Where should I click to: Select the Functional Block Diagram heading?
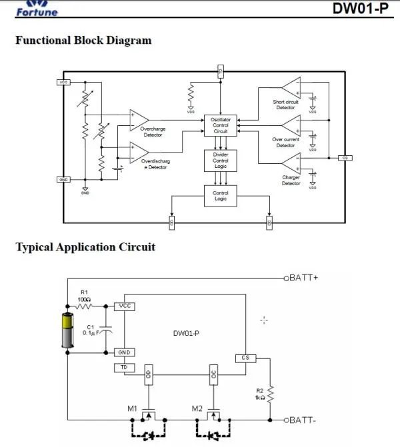(83, 41)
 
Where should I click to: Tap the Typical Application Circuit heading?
(85, 247)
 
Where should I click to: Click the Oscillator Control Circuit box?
(221, 125)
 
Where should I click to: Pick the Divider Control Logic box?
(221, 161)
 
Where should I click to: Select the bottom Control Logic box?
(221, 196)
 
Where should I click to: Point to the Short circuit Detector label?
(285, 105)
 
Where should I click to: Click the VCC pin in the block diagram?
(65, 82)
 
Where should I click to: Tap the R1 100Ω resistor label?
(84, 295)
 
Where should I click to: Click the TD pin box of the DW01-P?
(124, 367)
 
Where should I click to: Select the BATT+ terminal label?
(305, 276)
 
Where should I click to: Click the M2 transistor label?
(197, 408)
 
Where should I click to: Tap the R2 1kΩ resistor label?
(261, 393)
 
